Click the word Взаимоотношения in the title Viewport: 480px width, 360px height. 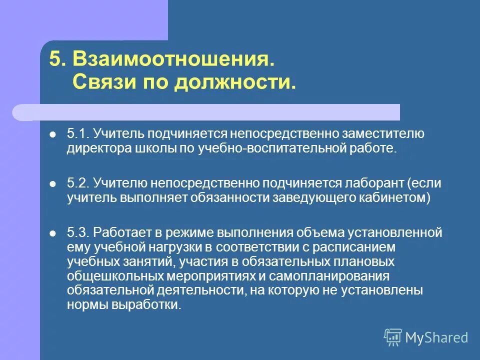pyautogui.click(x=173, y=59)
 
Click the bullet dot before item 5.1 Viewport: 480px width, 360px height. pyautogui.click(x=53, y=134)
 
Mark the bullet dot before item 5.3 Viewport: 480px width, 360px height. pyautogui.click(x=53, y=232)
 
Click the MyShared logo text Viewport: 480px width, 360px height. pyautogui.click(x=436, y=337)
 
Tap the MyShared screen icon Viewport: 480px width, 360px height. pyautogui.click(x=393, y=337)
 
